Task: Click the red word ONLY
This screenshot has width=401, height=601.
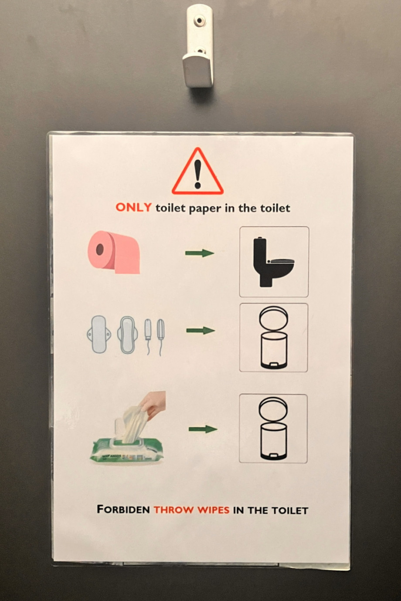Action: [x=133, y=207]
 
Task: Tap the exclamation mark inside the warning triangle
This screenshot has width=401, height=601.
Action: [x=198, y=174]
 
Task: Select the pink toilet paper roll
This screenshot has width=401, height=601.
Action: [x=114, y=252]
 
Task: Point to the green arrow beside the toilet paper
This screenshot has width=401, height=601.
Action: [x=200, y=253]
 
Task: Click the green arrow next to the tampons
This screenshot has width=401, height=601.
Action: [x=200, y=331]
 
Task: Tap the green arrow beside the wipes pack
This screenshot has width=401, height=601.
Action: [x=203, y=429]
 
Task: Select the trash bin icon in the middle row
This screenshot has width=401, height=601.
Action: [x=274, y=338]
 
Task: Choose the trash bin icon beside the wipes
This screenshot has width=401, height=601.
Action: [x=273, y=429]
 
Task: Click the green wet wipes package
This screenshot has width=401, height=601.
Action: [x=126, y=451]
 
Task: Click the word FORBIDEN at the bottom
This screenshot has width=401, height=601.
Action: [x=123, y=509]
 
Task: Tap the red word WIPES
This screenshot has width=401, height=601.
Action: [x=214, y=510]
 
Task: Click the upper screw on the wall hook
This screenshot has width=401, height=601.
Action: [x=199, y=20]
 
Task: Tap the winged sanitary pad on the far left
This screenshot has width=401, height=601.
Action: [x=99, y=334]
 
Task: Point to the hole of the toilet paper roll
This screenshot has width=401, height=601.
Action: [x=100, y=249]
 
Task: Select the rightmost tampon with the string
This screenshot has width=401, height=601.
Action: [x=160, y=337]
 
